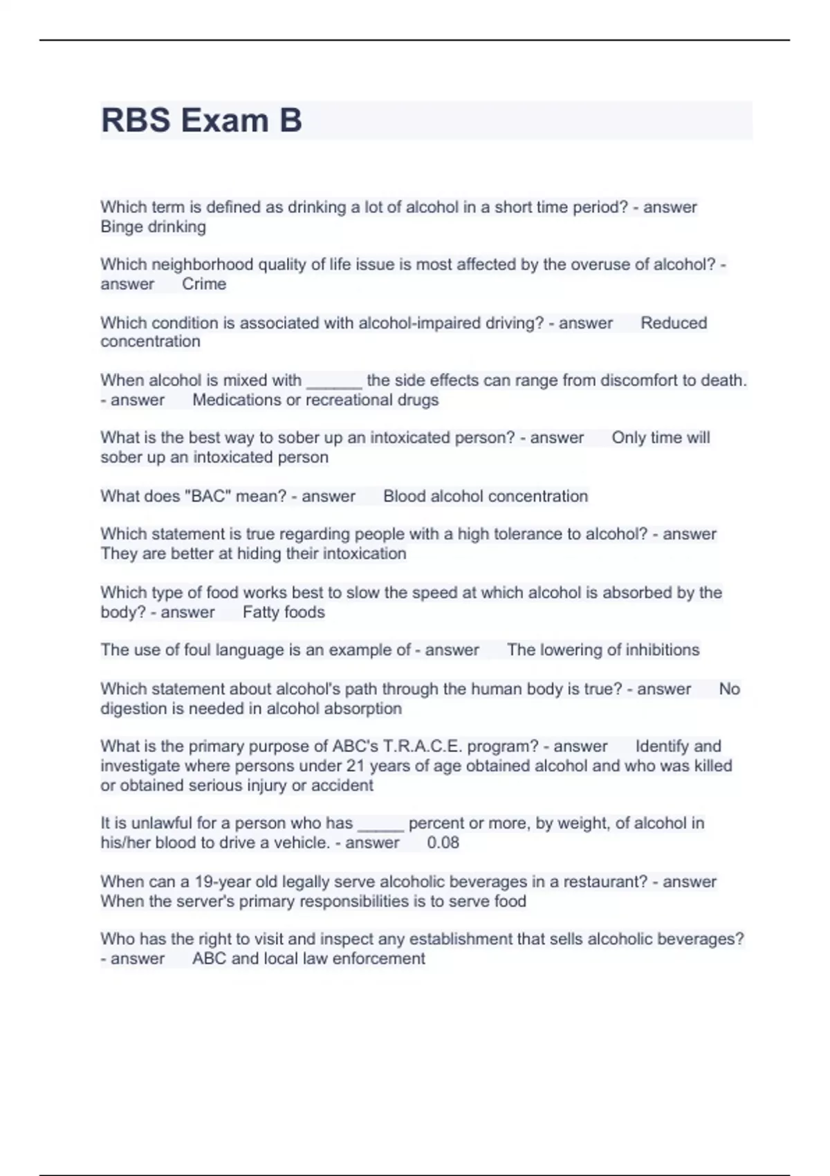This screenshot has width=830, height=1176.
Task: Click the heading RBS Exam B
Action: pos(201,120)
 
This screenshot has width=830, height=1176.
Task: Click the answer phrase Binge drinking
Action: pos(153,227)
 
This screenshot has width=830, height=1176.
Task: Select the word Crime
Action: pos(204,284)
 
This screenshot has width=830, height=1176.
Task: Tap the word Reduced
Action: pos(674,323)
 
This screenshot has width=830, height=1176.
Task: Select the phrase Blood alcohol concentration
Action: pos(485,496)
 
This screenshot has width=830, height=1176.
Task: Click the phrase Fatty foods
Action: pos(284,612)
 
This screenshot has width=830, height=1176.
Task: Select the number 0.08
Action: pos(443,843)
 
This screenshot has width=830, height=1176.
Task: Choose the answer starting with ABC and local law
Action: pos(308,959)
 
